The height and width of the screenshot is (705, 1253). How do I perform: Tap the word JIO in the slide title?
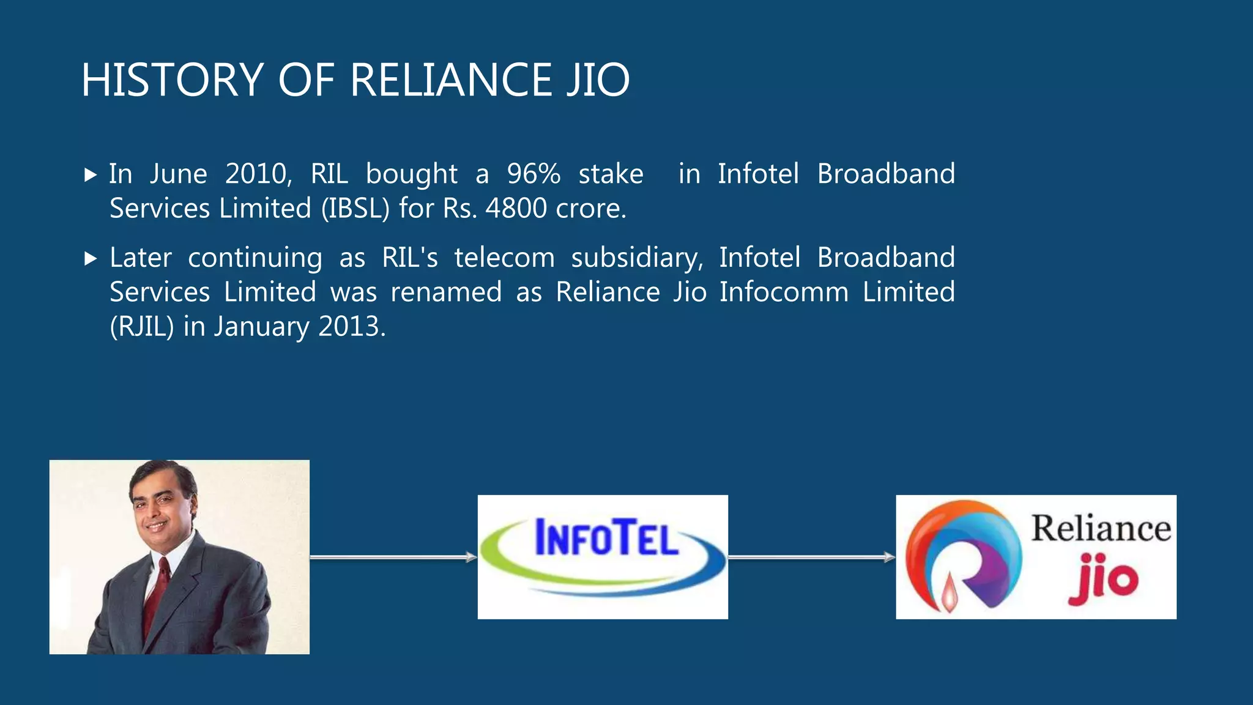tap(598, 80)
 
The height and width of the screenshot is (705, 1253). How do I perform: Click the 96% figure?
tap(534, 174)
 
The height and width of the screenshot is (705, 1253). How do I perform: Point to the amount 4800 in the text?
tap(516, 208)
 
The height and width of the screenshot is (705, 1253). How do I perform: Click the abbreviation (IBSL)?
tap(355, 208)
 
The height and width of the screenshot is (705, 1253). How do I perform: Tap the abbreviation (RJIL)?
tap(142, 326)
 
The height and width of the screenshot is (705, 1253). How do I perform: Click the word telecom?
tap(504, 258)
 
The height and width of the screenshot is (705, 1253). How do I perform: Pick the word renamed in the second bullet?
tap(446, 292)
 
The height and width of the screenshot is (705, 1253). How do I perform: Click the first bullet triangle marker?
tap(91, 176)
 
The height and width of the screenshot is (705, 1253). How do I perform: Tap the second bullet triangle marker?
tap(91, 259)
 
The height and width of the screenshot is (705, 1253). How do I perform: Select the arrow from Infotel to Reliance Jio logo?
tap(811, 557)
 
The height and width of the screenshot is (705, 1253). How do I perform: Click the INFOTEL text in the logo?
tap(606, 538)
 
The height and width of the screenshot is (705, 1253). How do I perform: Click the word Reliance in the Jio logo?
tap(1101, 528)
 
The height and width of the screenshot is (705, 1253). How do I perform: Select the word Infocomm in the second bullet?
tap(784, 292)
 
